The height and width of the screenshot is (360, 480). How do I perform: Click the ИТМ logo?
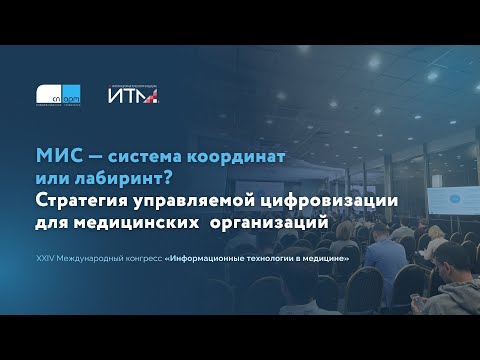134,95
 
